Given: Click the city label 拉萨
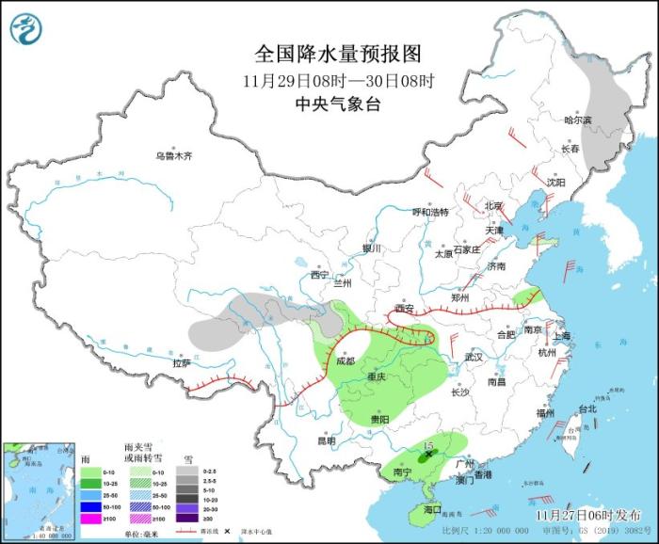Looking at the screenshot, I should tap(182, 362).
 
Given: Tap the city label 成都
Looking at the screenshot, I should tap(346, 360).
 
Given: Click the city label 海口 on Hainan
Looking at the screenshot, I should tap(432, 509).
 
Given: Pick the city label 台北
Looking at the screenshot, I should tap(587, 409).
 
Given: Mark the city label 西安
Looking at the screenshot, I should tap(405, 309).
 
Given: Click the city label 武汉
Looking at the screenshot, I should tap(473, 358).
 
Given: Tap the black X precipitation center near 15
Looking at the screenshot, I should tap(430, 455).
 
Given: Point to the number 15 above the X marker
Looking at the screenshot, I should tap(428, 442).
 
